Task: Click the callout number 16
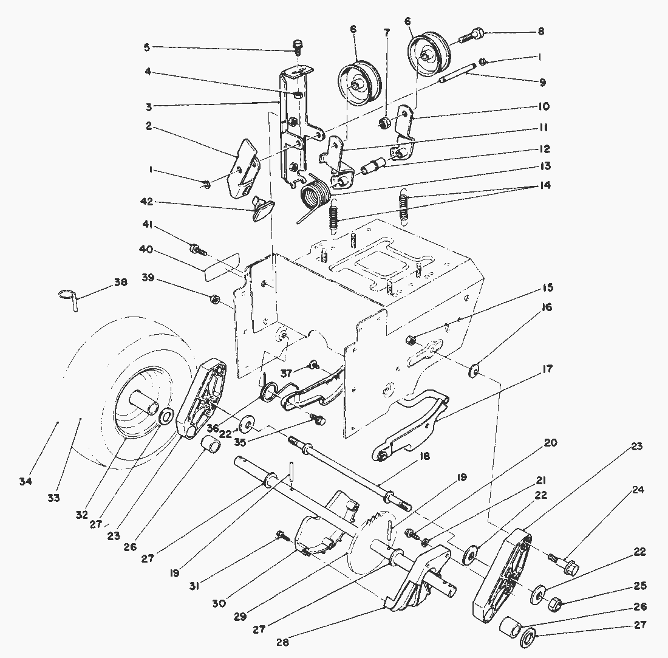[x=547, y=307]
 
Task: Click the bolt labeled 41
[x=198, y=248]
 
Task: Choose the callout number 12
[x=544, y=149]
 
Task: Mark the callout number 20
[x=550, y=443]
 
